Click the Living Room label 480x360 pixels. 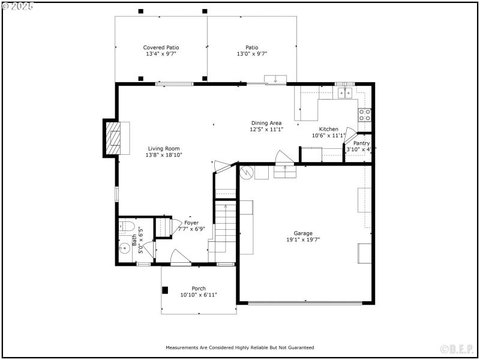(164, 148)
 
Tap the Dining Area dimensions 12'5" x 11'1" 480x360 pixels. (266, 129)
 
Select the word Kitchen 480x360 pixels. (328, 129)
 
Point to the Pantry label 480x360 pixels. (362, 143)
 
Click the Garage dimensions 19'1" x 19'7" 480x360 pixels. (303, 239)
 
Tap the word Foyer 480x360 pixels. (191, 223)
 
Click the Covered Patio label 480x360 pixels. (161, 47)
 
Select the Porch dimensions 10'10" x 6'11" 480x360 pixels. (199, 295)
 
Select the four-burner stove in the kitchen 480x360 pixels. (364, 114)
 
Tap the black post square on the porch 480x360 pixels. (165, 290)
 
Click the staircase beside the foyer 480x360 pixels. (227, 228)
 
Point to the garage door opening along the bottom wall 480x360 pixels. (305, 302)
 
